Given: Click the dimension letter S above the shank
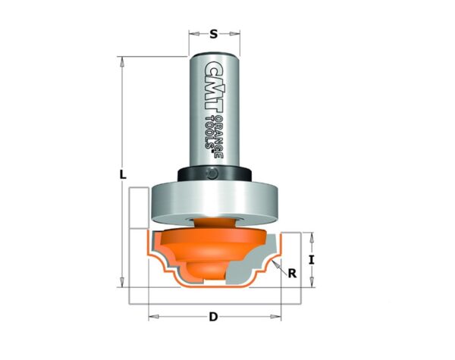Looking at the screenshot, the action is tap(214, 34).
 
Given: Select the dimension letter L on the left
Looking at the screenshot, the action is tap(123, 174).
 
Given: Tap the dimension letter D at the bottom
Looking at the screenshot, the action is tap(213, 317).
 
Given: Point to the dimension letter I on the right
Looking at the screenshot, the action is tap(312, 260).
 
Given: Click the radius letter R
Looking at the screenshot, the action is tap(292, 274).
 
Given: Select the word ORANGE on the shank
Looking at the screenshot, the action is tap(219, 137).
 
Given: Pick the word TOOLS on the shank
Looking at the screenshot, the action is tap(210, 133).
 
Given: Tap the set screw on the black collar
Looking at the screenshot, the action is tap(212, 174).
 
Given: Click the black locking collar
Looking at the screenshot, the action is tap(215, 174).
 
